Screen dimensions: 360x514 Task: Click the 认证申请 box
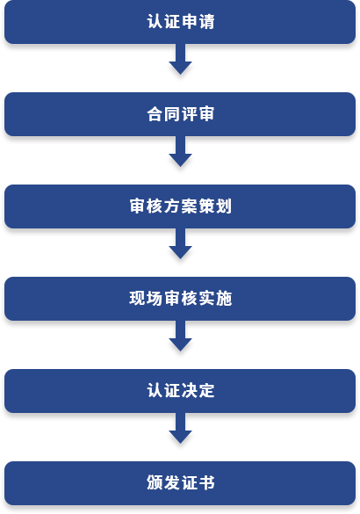[x=180, y=22]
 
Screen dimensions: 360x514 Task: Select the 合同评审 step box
[x=180, y=114]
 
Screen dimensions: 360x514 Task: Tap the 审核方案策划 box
[x=180, y=206]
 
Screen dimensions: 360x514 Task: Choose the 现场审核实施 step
[x=180, y=299]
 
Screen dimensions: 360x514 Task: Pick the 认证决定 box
[x=180, y=391]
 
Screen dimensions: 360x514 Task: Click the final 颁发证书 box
[x=180, y=483]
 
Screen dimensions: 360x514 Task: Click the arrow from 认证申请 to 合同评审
[x=180, y=59]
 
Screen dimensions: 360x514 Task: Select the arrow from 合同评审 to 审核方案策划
[x=180, y=151]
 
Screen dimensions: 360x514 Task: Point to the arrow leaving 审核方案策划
[x=180, y=243]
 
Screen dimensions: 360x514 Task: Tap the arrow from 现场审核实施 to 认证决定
[x=180, y=336]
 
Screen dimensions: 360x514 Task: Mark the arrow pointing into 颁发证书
[x=180, y=428]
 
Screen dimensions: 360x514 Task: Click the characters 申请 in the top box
[x=198, y=22]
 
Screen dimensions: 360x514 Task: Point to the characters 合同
[x=163, y=114]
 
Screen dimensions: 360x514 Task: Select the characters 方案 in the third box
[x=181, y=206]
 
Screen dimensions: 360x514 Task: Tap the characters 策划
[x=215, y=206]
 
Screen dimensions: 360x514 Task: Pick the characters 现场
[x=146, y=299]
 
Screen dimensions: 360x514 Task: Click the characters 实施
[x=215, y=299]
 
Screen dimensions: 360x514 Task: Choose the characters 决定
[x=198, y=391]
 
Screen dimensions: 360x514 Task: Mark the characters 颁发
[x=163, y=483]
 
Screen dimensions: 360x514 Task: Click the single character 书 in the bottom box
[x=206, y=483]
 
